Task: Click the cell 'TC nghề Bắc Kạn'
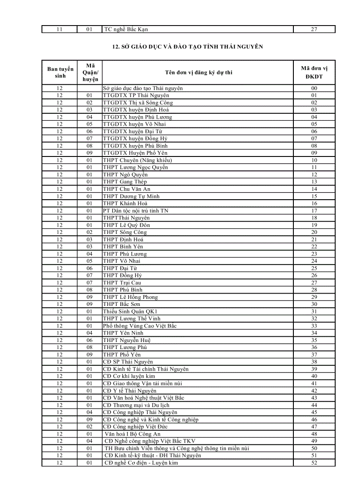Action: (126, 30)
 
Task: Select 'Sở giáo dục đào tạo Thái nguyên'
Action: (142, 88)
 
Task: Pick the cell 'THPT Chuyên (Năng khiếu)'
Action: (137, 160)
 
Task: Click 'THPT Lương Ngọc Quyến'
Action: (135, 167)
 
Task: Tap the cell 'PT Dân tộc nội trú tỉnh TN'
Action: (135, 211)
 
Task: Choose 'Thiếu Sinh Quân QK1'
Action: (130, 312)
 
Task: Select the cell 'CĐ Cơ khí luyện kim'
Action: (129, 376)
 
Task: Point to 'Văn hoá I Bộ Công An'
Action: (132, 434)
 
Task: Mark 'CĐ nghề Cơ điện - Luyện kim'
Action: (141, 463)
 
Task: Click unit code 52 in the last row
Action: (314, 463)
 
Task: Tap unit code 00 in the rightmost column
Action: (314, 88)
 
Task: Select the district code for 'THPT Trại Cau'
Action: (90, 283)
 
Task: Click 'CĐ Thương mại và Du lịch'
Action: (136, 405)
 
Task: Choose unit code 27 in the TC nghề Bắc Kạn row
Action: (314, 30)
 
